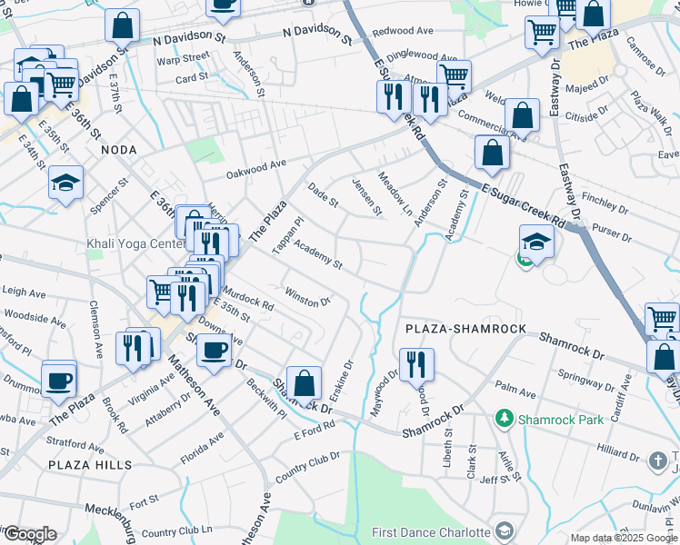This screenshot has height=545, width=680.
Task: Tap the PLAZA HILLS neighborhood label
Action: point(93,465)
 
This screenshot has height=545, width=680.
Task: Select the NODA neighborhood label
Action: point(118,149)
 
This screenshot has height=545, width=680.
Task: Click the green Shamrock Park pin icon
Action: point(504,419)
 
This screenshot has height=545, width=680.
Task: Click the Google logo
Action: point(29,534)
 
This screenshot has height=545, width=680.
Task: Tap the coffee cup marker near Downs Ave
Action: point(215,351)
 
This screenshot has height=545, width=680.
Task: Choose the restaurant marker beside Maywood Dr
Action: point(416,365)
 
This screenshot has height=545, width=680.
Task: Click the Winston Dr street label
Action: point(307,297)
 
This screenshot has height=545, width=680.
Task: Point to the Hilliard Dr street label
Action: point(622,449)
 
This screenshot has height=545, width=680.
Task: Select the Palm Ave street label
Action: point(515,391)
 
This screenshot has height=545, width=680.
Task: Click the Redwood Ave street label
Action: point(403,31)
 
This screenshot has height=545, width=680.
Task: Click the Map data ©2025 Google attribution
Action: point(624,538)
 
